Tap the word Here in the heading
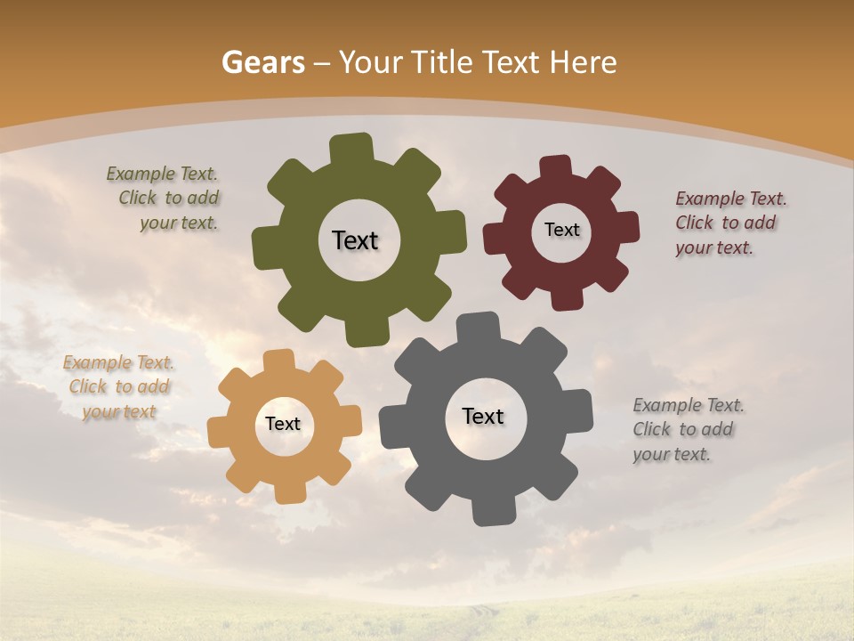[x=583, y=62]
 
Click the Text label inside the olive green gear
[x=355, y=240]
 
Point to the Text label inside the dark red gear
[x=561, y=230]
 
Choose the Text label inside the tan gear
[x=283, y=425]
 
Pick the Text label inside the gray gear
[x=483, y=417]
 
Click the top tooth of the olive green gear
[x=351, y=148]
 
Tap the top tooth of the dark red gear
[x=555, y=167]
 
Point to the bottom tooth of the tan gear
[x=289, y=491]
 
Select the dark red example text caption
[x=729, y=223]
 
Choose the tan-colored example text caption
[x=118, y=387]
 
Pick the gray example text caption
[x=687, y=429]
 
